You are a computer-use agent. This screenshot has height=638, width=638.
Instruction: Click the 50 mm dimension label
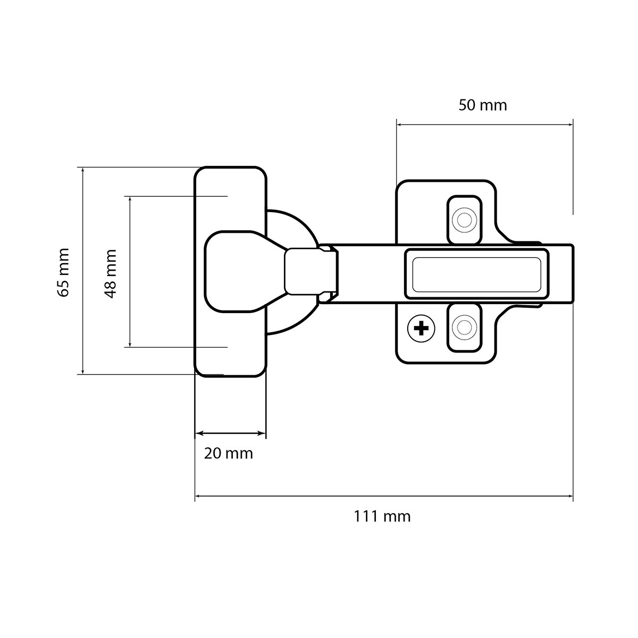[x=482, y=105]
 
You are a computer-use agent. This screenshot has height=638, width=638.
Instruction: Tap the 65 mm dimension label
[x=63, y=272]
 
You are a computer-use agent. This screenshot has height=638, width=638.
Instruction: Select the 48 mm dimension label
[x=110, y=273]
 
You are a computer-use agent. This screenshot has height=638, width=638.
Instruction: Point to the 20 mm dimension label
[x=228, y=454]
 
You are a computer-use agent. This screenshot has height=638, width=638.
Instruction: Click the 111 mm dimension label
[x=382, y=516]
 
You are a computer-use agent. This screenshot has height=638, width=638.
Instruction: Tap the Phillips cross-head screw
[x=421, y=329]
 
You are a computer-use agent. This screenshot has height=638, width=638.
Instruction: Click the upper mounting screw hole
[x=464, y=220]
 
